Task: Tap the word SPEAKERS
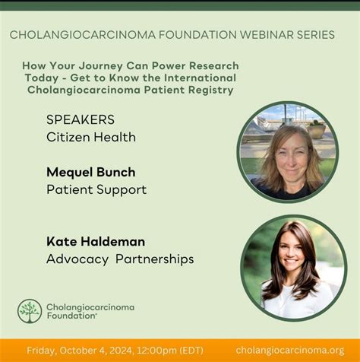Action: pyautogui.click(x=81, y=119)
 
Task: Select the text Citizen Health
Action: pyautogui.click(x=91, y=137)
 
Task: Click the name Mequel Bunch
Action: pyautogui.click(x=92, y=172)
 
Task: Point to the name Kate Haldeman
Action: pyautogui.click(x=96, y=241)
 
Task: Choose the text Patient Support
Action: pyautogui.click(x=96, y=189)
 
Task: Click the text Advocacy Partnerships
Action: pyautogui.click(x=120, y=259)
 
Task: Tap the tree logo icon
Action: pyautogui.click(x=30, y=311)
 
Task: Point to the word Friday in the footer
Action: pyautogui.click(x=44, y=350)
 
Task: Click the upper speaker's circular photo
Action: pyautogui.click(x=288, y=151)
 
